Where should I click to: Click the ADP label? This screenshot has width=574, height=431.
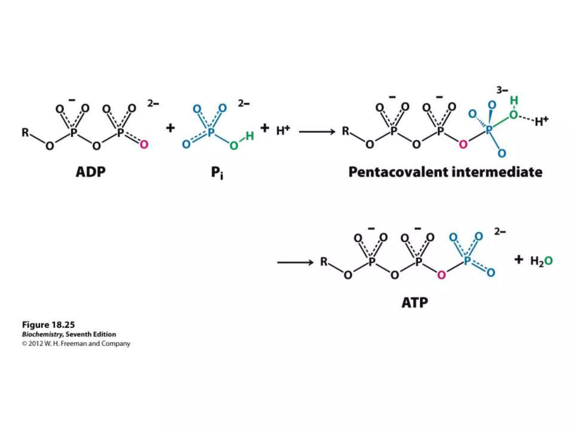coord(91,172)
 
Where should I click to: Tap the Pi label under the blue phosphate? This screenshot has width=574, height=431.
coord(217,173)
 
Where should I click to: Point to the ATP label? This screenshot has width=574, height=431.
coord(415,302)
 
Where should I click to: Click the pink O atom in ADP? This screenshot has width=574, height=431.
coord(144,145)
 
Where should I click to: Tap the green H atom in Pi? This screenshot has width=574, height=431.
coord(249,136)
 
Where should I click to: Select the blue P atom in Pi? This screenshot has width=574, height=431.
coord(211,132)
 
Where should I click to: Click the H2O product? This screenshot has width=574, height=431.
coord(541,261)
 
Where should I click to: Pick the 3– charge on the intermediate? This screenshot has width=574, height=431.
coord(502,90)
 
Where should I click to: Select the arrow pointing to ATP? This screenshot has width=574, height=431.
coord(295,263)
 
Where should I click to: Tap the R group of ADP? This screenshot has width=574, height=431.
coord(26,132)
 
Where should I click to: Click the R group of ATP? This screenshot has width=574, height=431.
coord(324,262)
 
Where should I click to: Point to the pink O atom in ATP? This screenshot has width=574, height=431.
coord(441,275)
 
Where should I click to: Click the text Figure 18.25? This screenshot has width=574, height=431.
coord(48,325)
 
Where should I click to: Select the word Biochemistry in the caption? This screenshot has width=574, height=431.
coord(42,334)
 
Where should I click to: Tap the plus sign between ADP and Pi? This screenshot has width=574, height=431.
coord(170,128)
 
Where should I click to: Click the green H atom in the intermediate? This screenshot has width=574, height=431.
coord(514,100)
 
